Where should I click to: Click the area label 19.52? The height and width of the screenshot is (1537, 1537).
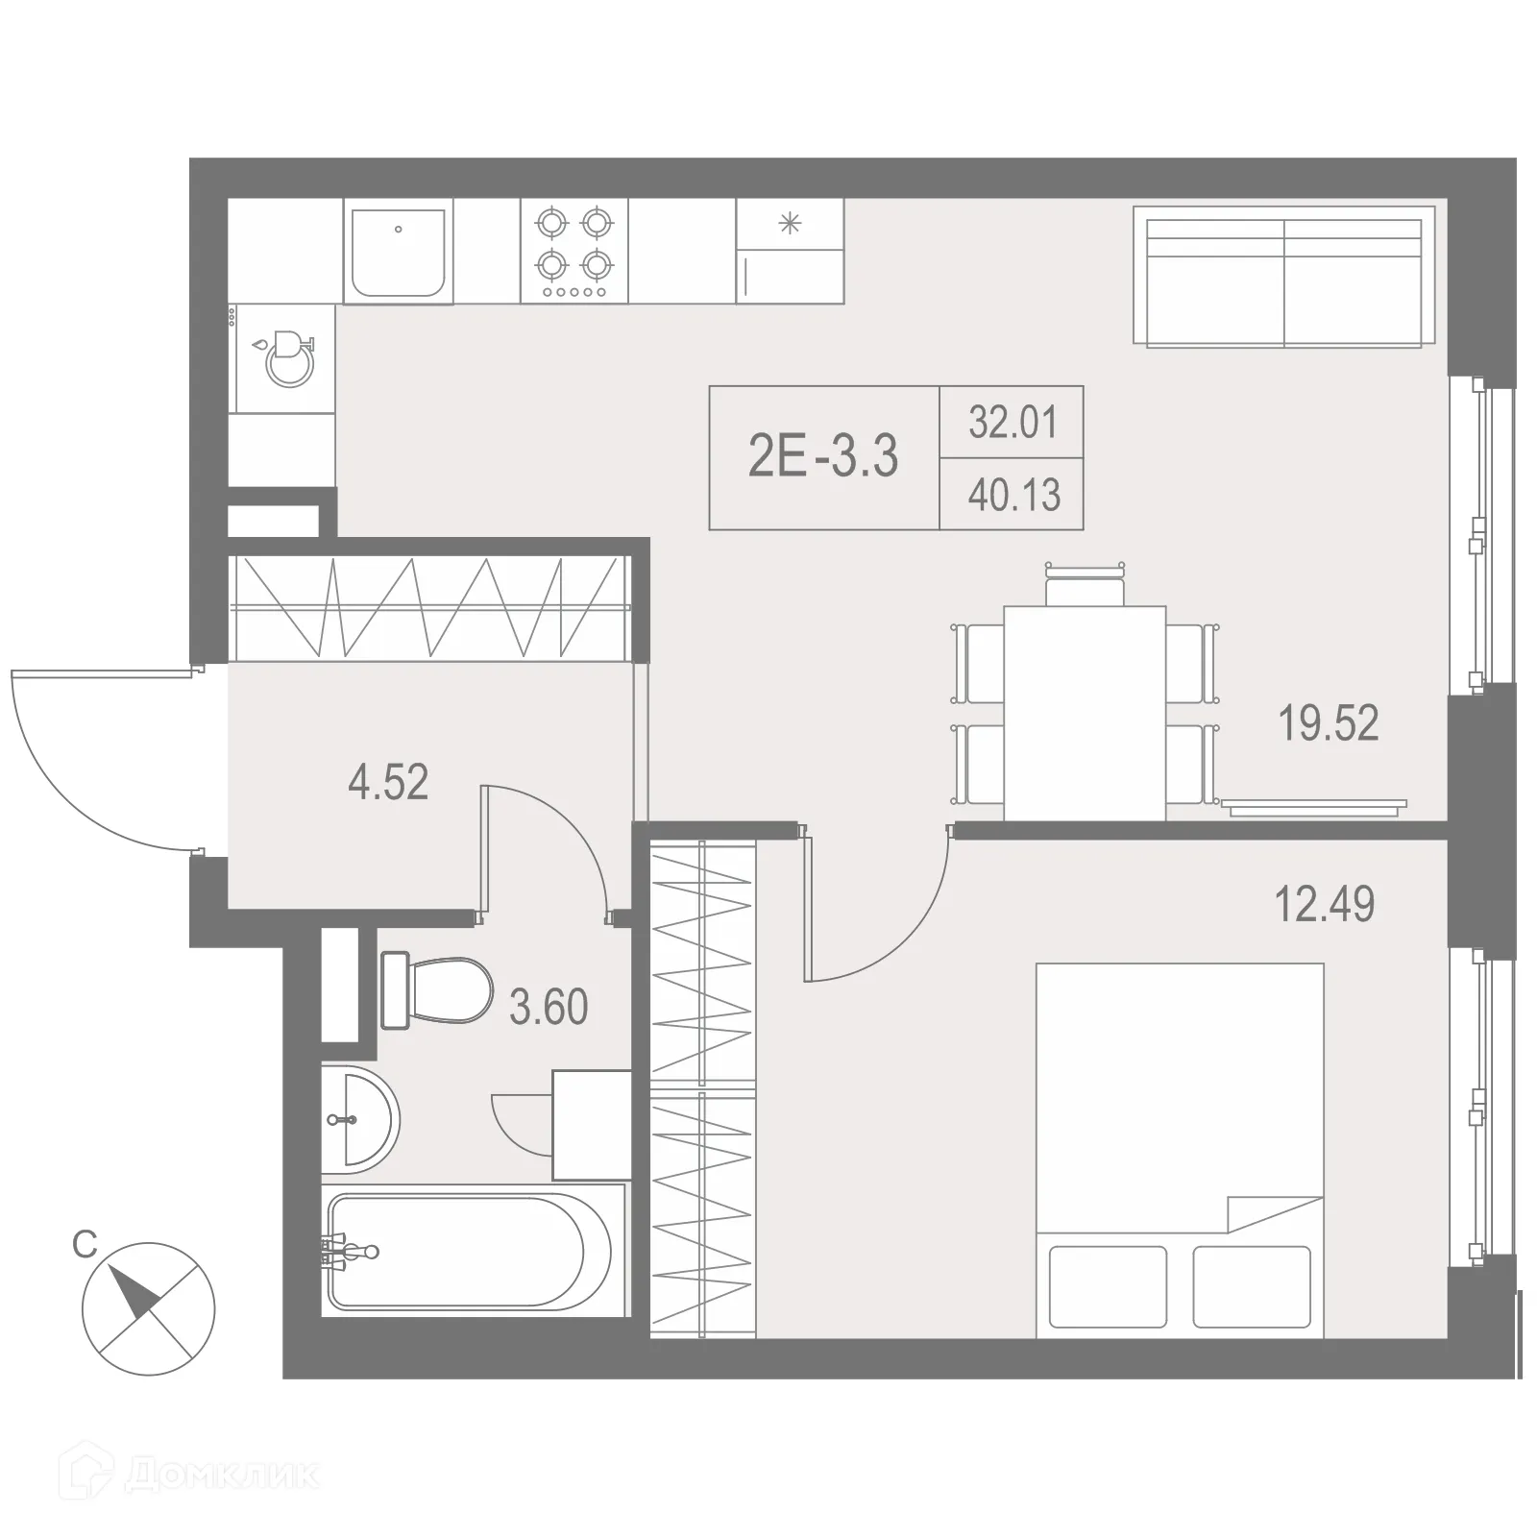point(1328,723)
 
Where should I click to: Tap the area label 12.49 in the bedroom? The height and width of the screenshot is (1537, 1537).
point(1324,904)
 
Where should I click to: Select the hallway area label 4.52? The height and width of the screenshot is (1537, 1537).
point(388,782)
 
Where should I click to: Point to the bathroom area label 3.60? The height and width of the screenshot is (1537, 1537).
point(549,1008)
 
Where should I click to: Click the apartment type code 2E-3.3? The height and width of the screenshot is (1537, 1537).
point(823,456)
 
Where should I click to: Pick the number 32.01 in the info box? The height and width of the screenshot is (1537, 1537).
point(1012,422)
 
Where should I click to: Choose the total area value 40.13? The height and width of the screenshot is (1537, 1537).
point(1013,496)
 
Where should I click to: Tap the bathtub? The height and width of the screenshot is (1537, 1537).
point(469,1251)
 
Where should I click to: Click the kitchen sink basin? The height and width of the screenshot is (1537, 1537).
point(399,253)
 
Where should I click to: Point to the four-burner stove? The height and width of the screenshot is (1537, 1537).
point(574,251)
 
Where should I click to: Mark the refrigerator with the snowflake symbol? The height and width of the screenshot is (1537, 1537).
point(790,251)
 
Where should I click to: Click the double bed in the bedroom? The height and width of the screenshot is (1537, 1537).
point(1180,1150)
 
